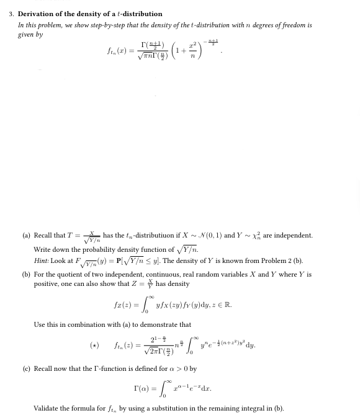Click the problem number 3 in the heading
point(11,14)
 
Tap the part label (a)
point(26,236)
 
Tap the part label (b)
point(26,274)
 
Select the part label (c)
point(26,369)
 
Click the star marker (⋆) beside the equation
point(94,345)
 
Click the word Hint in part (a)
point(41,261)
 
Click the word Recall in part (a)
point(43,236)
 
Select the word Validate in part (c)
point(47,408)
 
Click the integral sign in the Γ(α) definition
point(163,388)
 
